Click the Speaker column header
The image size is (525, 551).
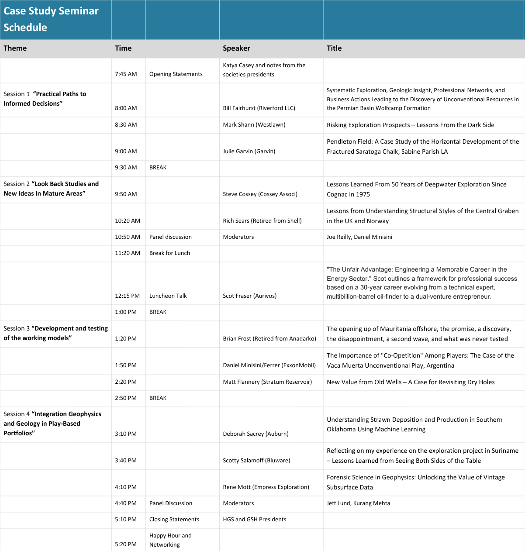coord(236,48)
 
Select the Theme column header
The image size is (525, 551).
coord(15,48)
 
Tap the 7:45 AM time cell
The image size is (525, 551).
coord(126,74)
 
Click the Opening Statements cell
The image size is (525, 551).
coord(176,74)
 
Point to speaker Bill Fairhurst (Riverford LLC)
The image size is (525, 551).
coord(259,108)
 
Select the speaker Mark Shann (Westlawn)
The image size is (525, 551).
coord(254,125)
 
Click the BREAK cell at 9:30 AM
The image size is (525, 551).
coord(158,168)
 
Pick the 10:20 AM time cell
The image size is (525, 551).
coord(128,221)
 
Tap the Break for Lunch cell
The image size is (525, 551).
coord(169,253)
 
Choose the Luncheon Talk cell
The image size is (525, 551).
coord(168,296)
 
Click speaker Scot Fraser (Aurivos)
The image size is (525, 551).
coord(249,296)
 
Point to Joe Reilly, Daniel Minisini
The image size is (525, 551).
coord(359,237)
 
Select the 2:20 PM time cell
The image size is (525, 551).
coord(126,382)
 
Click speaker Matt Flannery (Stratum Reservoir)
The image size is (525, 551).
coord(267,382)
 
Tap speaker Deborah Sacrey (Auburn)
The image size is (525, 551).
coord(256,434)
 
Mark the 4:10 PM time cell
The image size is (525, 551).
coord(126,487)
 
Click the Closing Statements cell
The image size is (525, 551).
coord(174,520)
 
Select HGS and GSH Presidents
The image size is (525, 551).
coord(254,520)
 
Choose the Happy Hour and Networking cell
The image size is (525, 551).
coord(170,540)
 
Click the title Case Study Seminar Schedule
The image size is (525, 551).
coord(51,19)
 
